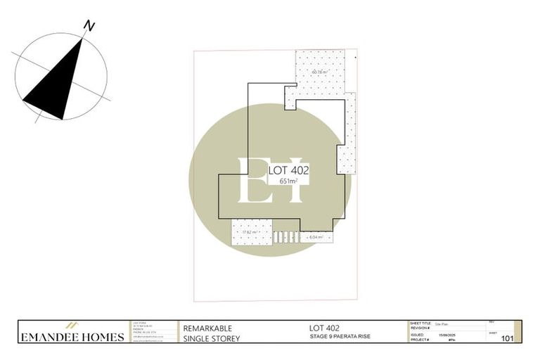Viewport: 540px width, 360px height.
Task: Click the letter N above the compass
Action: (x=89, y=26)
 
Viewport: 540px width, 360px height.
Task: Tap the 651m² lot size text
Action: (x=288, y=181)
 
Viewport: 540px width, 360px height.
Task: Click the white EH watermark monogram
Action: (x=270, y=180)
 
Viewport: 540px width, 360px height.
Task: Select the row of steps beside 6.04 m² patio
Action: (x=285, y=237)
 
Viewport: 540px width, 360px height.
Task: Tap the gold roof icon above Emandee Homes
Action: (x=71, y=326)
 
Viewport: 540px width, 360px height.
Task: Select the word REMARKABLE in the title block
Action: (x=207, y=328)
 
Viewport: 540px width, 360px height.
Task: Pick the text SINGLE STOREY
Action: (x=212, y=339)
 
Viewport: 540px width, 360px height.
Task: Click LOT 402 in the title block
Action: (x=325, y=328)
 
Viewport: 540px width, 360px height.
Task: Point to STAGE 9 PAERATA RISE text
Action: (x=340, y=337)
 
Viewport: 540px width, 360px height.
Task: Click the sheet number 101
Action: (x=506, y=338)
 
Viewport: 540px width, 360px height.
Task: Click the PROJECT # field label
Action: (x=420, y=340)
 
